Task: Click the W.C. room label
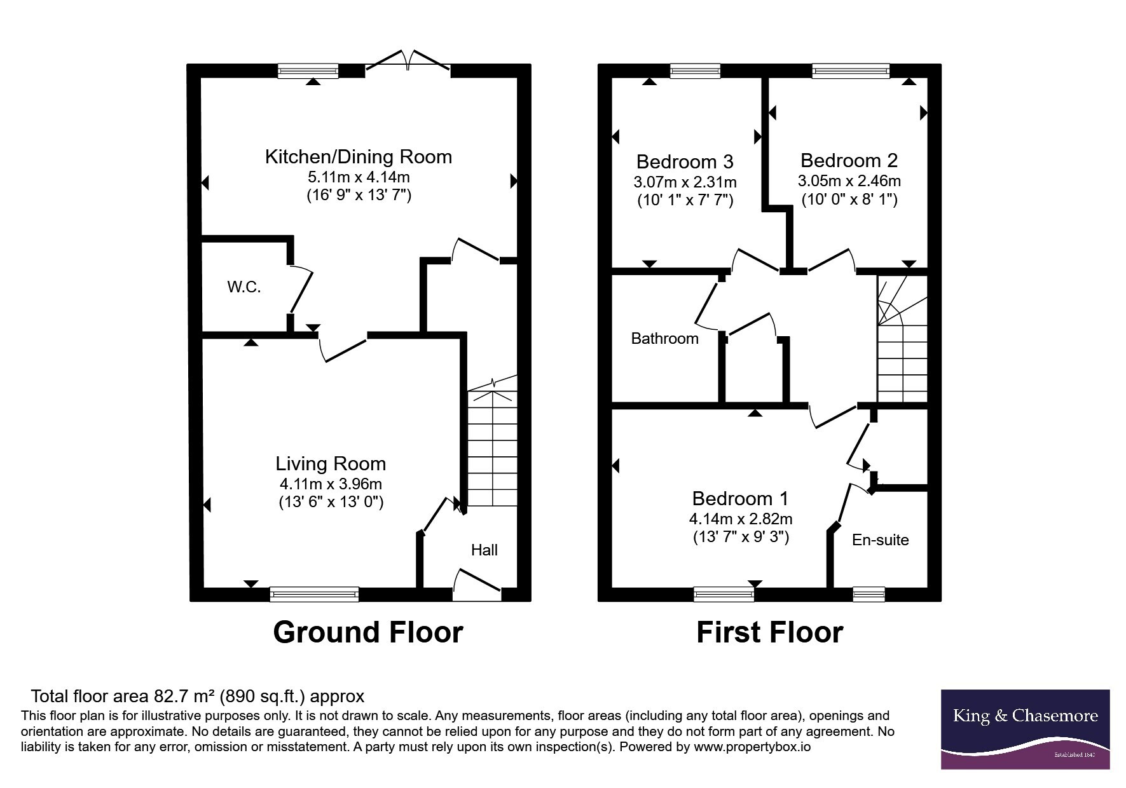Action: tap(244, 287)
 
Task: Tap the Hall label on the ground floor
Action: tap(484, 550)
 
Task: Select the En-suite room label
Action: tap(880, 540)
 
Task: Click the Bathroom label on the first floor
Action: tap(664, 339)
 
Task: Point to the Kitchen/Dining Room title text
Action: tap(359, 157)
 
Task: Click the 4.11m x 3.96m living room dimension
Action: tap(331, 484)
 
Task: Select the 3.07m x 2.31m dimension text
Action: tap(685, 182)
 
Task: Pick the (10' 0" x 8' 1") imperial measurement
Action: tap(849, 200)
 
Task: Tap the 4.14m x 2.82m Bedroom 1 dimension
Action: tap(741, 519)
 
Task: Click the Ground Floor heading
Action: tap(368, 633)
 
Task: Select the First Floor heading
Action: tap(770, 633)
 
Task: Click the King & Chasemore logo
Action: tap(1025, 730)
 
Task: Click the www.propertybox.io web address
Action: tap(752, 747)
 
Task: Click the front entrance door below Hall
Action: tap(477, 585)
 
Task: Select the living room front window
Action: tap(314, 594)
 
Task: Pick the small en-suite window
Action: tap(869, 594)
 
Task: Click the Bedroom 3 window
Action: tap(695, 71)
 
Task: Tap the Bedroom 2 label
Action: tap(849, 161)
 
